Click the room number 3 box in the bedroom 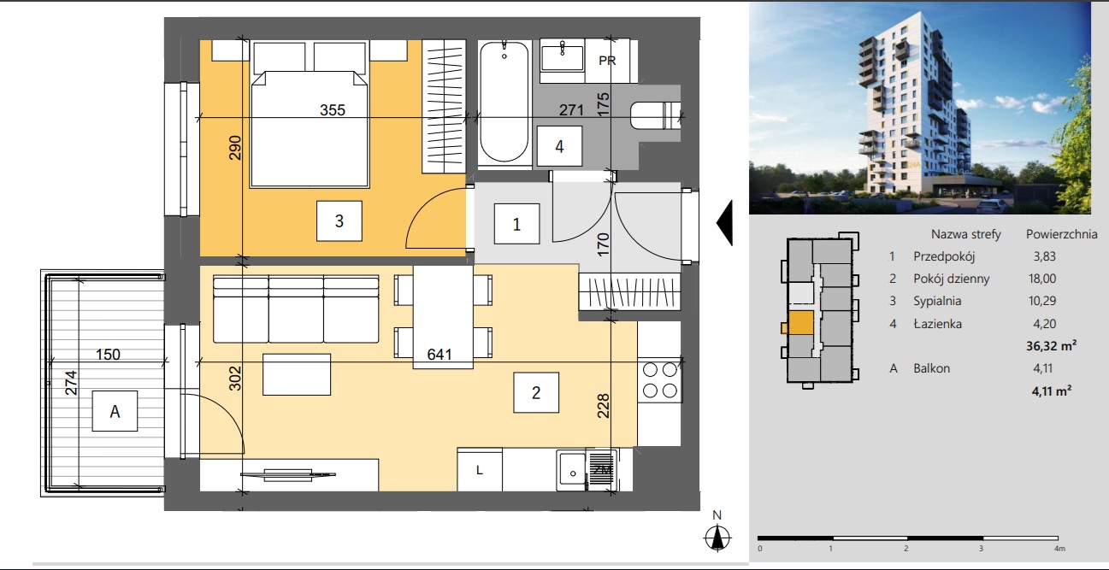[x=339, y=220]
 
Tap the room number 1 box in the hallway [x=516, y=224]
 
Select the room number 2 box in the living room [x=536, y=392]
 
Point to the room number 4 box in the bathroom [x=559, y=146]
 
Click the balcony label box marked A [x=115, y=411]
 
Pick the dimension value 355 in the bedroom [x=333, y=110]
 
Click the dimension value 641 [x=439, y=355]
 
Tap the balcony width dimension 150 [x=108, y=355]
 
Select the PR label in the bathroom [x=607, y=61]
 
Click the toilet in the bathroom [x=656, y=115]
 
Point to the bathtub [x=504, y=102]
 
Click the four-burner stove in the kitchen [x=659, y=380]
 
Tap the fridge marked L [x=479, y=470]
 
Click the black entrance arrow [x=724, y=223]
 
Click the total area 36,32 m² [x=1051, y=345]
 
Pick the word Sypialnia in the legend [x=937, y=301]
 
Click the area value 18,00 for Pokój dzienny [x=1042, y=279]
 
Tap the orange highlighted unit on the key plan [x=800, y=323]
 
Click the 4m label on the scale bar [x=1059, y=549]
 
